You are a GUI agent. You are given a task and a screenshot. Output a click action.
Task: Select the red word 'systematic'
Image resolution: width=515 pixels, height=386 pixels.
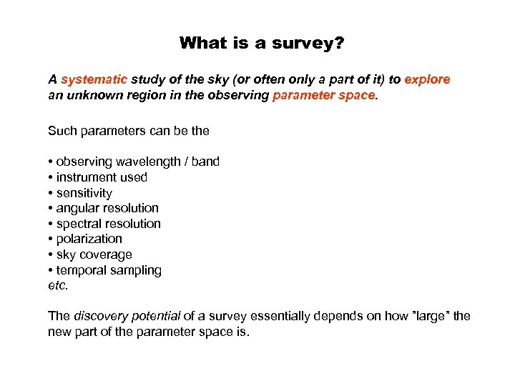pos(94,79)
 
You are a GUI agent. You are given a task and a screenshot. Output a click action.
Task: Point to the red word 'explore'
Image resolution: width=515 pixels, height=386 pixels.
pos(427,79)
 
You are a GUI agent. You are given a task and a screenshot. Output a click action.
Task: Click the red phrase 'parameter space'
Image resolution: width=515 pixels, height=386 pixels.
pos(323,95)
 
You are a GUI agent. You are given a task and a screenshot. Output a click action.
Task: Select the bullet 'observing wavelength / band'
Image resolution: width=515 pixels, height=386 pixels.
pos(137,162)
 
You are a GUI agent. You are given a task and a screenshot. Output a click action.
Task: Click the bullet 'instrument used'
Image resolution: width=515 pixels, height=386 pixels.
pos(101,177)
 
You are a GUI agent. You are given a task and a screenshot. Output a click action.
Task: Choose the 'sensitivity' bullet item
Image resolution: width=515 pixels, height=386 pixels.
pos(84,193)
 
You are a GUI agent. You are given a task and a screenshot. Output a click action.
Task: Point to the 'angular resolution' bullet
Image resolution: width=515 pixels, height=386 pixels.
pos(107,208)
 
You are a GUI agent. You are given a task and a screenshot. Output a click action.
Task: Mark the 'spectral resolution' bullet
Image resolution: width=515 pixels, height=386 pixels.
pos(108,224)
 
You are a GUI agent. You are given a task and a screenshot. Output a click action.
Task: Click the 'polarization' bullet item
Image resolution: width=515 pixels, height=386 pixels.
pos(89,239)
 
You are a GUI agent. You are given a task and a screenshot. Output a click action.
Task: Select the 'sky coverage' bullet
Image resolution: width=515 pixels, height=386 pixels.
pos(94,254)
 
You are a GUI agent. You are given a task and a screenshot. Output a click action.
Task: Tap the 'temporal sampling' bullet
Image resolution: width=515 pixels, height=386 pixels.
pos(108,270)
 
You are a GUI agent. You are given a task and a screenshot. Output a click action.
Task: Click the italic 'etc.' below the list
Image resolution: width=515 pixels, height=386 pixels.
pos(58,285)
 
